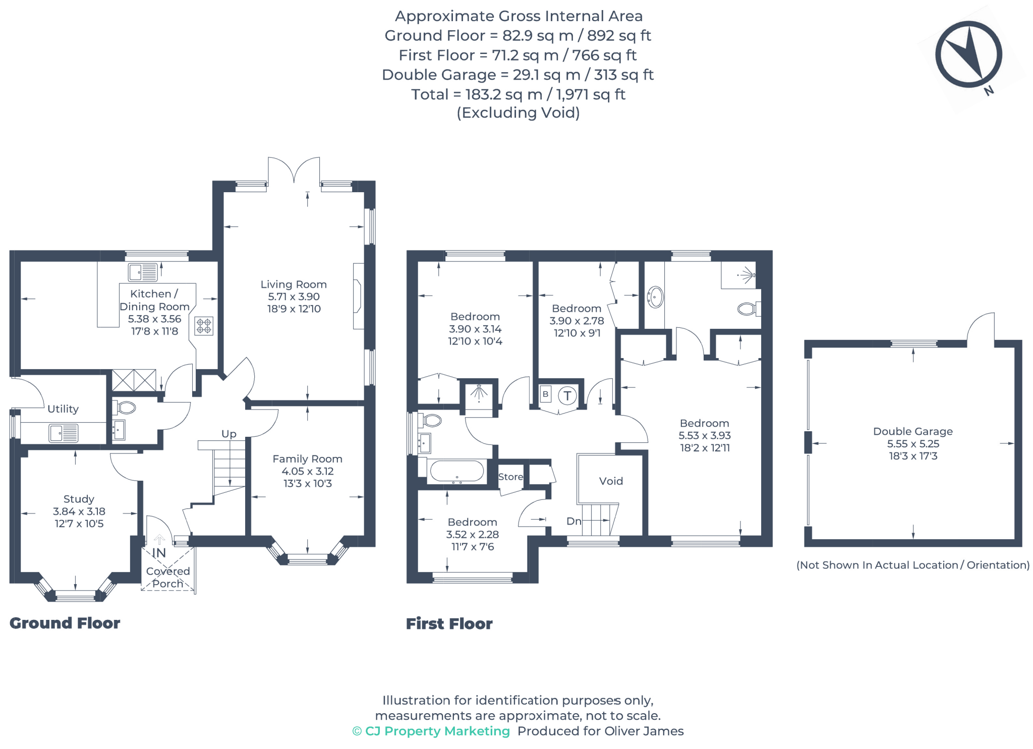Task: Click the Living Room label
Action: tap(294, 284)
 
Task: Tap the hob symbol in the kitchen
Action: tap(204, 326)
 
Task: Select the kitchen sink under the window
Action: tap(143, 272)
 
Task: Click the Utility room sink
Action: tap(64, 433)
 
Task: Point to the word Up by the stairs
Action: tap(228, 434)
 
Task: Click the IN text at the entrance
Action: tap(159, 553)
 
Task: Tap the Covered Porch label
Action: tap(168, 578)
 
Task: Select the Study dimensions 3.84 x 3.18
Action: tap(79, 511)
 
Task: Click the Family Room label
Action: tap(307, 459)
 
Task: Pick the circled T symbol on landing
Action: tap(567, 395)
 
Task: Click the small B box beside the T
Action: tap(545, 394)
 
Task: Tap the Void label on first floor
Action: tap(611, 481)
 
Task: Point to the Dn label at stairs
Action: tap(573, 521)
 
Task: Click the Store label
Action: tap(510, 477)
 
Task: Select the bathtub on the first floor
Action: tap(457, 472)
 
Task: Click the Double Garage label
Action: tap(912, 431)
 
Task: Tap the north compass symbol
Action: tap(968, 54)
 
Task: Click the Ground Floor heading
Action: tap(65, 623)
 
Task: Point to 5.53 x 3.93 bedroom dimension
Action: tap(704, 435)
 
